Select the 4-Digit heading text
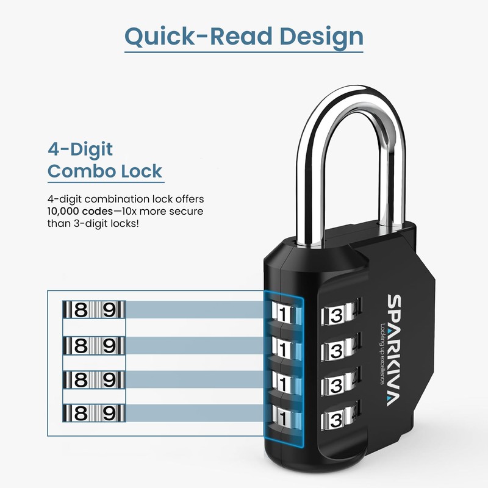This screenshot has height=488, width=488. point(81,149)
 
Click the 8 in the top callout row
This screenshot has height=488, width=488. point(80,310)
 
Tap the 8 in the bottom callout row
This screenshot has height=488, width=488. point(80,414)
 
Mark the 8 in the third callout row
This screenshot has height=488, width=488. point(80,379)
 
